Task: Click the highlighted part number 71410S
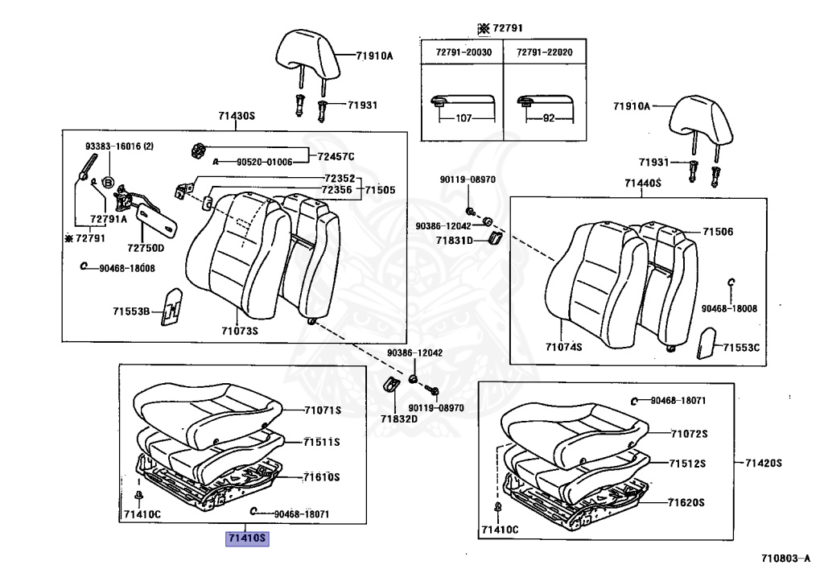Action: point(246,538)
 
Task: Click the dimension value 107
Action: point(463,118)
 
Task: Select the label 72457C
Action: point(336,156)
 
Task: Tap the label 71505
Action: point(380,190)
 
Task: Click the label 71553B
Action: point(131,311)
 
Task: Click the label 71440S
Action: point(642,183)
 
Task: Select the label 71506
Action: point(718,232)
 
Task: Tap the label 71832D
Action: point(399,419)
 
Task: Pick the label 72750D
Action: point(145,248)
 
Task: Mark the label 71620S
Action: point(686,502)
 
